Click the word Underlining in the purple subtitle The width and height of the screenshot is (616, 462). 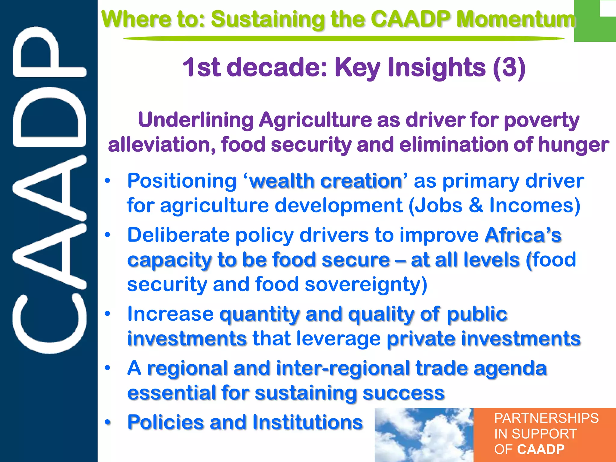[196, 120]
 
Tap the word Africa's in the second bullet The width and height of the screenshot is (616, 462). [523, 235]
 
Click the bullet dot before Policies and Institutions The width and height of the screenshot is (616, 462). [108, 422]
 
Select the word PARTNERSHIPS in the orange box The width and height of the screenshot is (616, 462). [546, 418]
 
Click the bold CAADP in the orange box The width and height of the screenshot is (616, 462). [541, 449]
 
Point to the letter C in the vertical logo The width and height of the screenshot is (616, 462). [50, 325]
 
